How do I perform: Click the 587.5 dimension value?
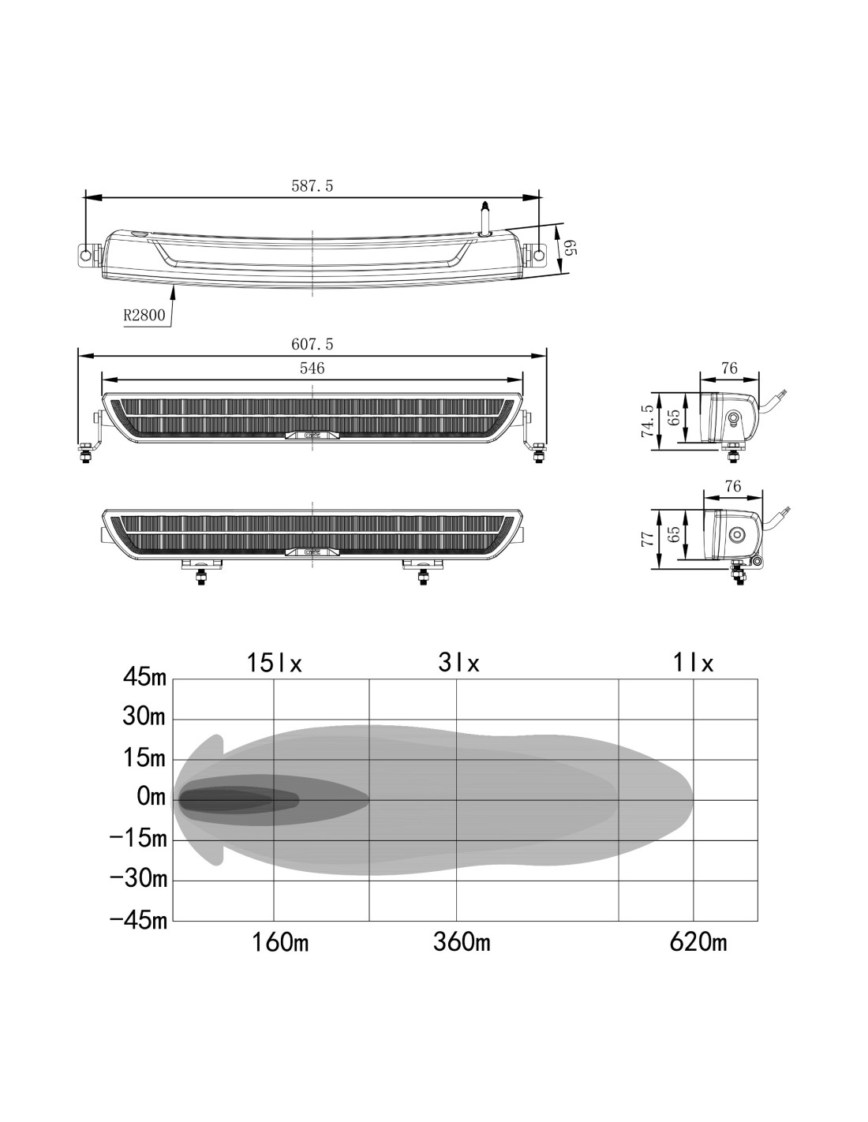coord(312,186)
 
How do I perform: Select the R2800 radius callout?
coord(144,315)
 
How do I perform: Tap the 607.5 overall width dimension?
coord(312,344)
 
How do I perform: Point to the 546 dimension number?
coord(312,368)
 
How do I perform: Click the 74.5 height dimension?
coord(648,421)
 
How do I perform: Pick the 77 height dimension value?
coord(648,539)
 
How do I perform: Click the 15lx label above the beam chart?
coord(274,663)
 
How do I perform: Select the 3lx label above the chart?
coord(458,663)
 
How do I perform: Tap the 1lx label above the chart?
coord(693,663)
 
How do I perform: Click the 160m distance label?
coord(280,942)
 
